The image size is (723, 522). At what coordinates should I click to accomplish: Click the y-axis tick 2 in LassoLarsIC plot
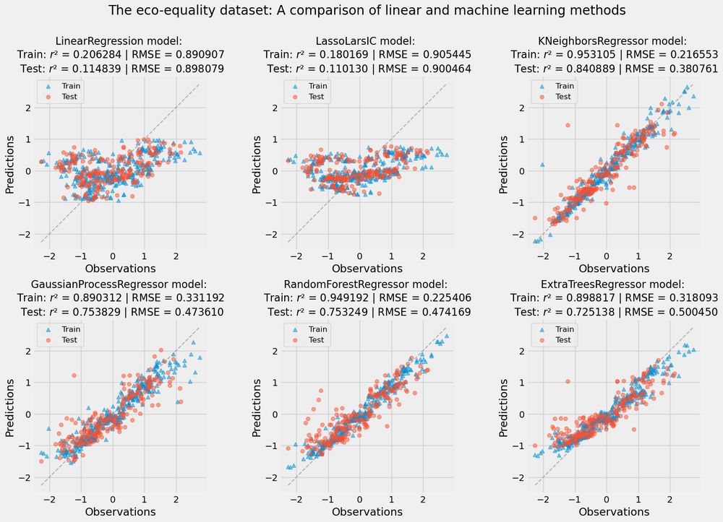[x=275, y=108]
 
